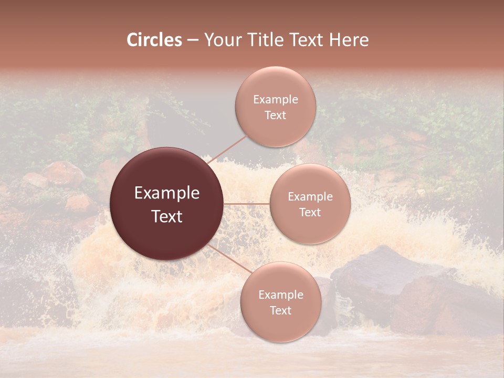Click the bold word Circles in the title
point(154,40)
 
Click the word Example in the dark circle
point(167,193)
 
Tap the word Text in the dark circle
point(167,216)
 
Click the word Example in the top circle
point(275,100)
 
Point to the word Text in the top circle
point(275,115)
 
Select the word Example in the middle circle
point(310,197)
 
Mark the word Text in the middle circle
point(310,213)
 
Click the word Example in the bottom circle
point(280,295)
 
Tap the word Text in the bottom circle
point(280,310)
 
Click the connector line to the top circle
point(227,150)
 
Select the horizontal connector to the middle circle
point(247,204)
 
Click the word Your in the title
point(222,40)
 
